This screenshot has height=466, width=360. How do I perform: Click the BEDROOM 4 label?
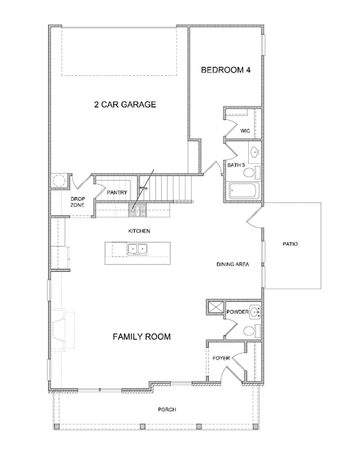point(226,70)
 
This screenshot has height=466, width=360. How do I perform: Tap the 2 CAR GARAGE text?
point(125,105)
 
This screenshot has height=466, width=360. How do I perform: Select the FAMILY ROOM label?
point(142,337)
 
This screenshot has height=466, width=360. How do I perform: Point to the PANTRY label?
point(117,192)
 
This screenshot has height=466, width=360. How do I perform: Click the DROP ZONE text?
point(77,202)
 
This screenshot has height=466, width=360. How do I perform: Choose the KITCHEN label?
point(139,231)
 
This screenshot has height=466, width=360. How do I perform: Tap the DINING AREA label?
point(233,264)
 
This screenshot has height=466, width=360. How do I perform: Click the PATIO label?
point(290,244)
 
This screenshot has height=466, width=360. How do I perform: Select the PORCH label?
point(167,409)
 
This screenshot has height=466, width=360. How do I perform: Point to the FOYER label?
point(221,358)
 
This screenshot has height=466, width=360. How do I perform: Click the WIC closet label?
point(245,131)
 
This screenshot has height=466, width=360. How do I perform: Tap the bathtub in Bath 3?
point(244,190)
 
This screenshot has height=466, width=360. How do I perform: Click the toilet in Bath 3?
point(252,173)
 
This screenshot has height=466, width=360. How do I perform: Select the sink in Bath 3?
point(254,152)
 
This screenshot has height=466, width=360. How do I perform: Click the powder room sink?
point(255,312)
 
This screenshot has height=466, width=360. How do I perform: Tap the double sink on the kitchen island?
point(137,249)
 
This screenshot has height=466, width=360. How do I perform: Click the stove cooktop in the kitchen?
point(137,210)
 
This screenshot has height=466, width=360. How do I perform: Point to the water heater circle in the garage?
point(59,180)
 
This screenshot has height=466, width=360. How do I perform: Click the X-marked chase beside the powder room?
point(216,307)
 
